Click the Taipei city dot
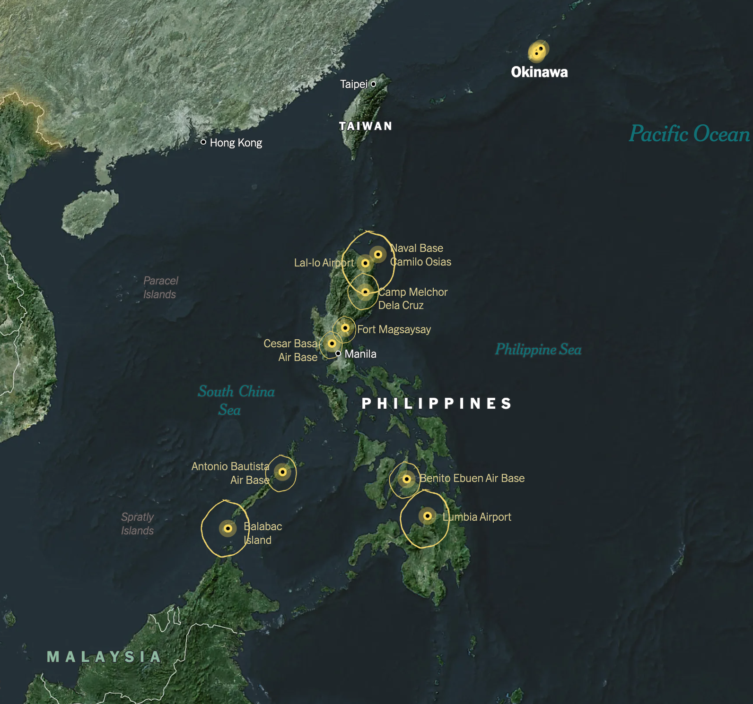point(373,84)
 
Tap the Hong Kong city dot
point(203,142)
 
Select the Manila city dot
point(338,353)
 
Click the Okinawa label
point(539,72)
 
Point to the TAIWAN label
point(366,126)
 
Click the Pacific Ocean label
point(689,134)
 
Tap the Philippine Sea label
point(538,350)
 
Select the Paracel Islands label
point(160,287)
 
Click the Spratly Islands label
point(137,524)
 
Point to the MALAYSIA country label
point(104,657)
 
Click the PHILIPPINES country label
point(437,404)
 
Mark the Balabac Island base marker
point(228,528)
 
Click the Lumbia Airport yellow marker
point(427,516)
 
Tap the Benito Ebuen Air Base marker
point(406,479)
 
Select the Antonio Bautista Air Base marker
point(282,472)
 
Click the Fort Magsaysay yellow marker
point(345,328)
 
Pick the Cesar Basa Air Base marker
point(332,343)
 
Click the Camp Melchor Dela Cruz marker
point(365,292)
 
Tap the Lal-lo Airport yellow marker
point(365,263)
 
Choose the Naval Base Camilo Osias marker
point(378,254)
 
